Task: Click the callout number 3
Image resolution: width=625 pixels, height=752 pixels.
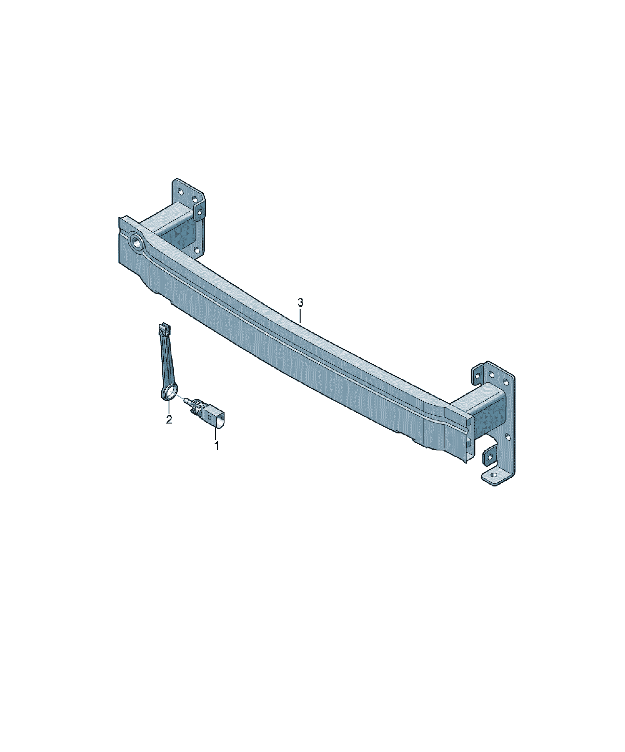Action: point(300,303)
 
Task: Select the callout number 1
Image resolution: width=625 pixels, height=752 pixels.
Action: point(216,446)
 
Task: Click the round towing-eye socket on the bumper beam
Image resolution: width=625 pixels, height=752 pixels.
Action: point(137,242)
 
